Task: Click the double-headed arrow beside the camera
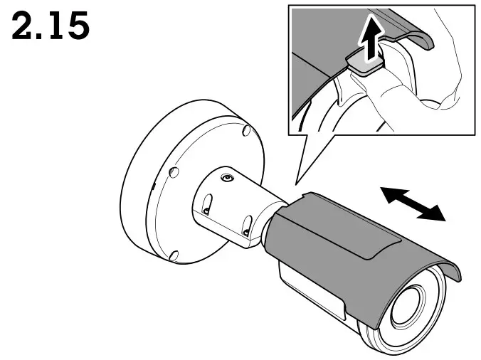click(x=412, y=203)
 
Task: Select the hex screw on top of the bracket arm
click(x=226, y=178)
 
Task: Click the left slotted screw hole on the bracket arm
click(x=206, y=211)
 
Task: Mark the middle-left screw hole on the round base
click(x=173, y=171)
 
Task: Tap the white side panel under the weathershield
click(x=313, y=292)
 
